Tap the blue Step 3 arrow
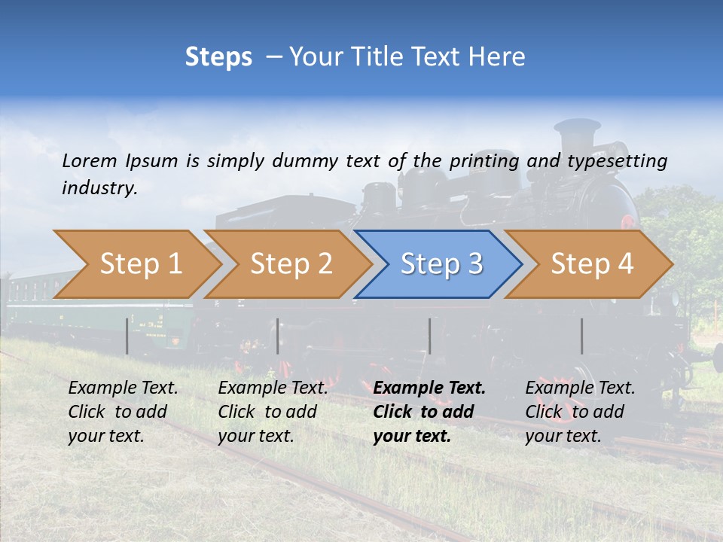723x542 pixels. coord(441,264)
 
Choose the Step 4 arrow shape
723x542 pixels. coord(592,264)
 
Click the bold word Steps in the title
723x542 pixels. coord(218,57)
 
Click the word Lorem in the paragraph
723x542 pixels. coord(89,160)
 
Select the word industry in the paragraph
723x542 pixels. coord(99,188)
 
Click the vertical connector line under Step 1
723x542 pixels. coord(127,336)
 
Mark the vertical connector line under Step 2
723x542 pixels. coord(277,336)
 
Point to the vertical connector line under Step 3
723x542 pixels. coord(429,336)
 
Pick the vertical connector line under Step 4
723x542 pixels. coord(581,336)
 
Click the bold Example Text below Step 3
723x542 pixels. coord(429,388)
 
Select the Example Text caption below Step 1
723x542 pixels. coord(123,388)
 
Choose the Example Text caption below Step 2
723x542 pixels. coord(273,388)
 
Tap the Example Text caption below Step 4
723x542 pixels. coord(580,388)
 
